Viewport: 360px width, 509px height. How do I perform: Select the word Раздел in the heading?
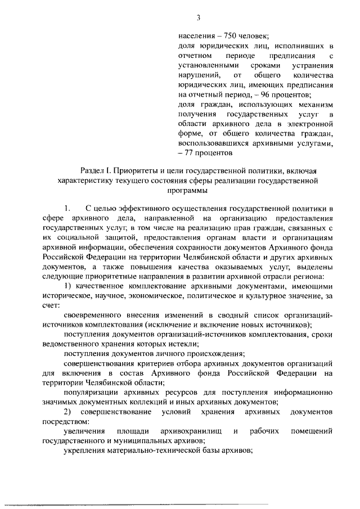coord(94,171)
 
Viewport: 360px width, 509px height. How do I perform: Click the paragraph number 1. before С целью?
coord(67,210)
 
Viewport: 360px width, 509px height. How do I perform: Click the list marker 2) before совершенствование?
coord(68,412)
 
